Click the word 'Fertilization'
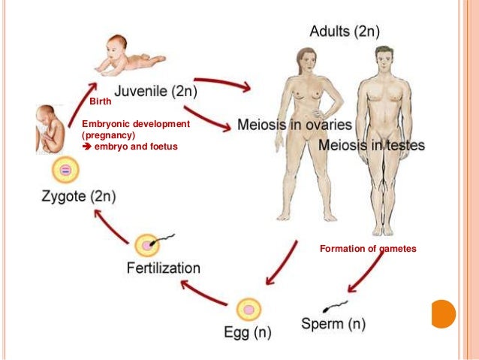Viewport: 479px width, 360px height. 163,268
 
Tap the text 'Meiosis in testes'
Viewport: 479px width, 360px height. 371,144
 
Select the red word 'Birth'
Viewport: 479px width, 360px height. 100,101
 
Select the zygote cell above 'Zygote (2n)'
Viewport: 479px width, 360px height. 66,171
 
